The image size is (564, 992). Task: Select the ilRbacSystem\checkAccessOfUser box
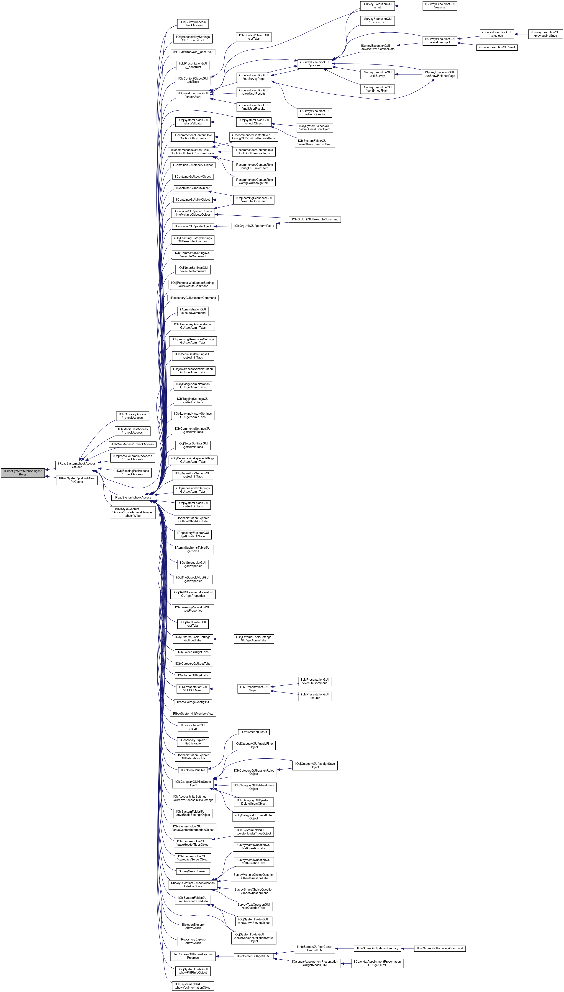tap(77, 465)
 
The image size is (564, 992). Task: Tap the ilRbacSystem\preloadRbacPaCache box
tap(77, 480)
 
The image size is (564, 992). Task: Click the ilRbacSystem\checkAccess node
tap(133, 497)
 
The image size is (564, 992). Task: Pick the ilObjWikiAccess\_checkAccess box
tap(133, 444)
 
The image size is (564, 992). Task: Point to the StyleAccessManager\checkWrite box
tap(133, 512)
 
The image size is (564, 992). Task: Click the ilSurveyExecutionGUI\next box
tap(497, 47)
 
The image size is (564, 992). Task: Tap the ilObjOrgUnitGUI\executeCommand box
tap(315, 219)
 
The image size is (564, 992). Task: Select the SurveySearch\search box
tap(193, 871)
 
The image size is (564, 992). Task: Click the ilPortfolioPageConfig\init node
tap(193, 702)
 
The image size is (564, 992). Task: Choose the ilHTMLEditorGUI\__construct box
tap(193, 52)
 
